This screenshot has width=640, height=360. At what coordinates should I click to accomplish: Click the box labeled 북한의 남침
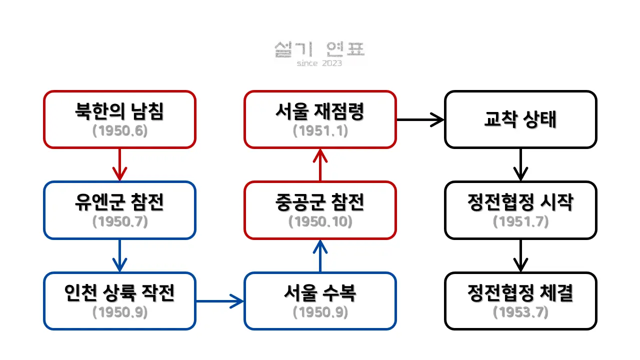(119, 119)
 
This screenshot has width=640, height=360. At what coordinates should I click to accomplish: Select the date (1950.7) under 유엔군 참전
(120, 221)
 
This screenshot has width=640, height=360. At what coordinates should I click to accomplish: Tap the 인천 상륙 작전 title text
(120, 292)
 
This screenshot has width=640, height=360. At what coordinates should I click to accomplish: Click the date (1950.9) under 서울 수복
(320, 312)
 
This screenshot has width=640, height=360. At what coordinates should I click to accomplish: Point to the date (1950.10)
(320, 221)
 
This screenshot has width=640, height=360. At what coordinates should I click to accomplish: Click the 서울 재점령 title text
(320, 111)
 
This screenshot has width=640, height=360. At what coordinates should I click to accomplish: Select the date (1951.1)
(320, 131)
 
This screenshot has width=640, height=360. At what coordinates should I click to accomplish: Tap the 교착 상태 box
(520, 119)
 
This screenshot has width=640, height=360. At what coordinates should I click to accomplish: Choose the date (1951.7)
(520, 221)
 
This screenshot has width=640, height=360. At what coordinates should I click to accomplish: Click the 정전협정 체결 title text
(520, 292)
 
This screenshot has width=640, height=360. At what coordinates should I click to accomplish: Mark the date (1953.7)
(520, 312)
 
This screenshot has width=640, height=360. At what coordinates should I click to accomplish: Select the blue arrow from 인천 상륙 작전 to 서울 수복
(220, 301)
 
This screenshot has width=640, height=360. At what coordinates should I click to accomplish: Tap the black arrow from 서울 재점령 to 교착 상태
(420, 119)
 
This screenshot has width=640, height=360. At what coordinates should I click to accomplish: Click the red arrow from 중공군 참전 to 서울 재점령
(320, 165)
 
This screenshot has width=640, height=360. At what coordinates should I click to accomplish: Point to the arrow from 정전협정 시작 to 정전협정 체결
(520, 255)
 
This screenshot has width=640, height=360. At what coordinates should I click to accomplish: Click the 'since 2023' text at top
(319, 63)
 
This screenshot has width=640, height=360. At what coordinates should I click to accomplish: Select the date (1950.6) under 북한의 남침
(120, 131)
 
